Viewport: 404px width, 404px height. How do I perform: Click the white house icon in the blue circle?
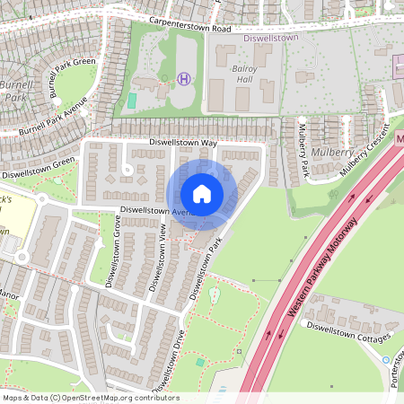pos(202,194)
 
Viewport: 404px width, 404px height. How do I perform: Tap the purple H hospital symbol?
pos(185,79)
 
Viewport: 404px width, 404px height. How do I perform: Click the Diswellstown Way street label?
pos(183,143)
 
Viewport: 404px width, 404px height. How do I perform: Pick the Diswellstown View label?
pos(157,258)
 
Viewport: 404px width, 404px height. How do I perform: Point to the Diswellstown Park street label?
pos(205,268)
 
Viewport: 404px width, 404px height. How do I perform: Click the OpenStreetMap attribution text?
pos(90,398)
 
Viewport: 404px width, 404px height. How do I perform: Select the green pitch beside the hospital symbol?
pos(133,100)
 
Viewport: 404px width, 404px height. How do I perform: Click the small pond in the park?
pos(214,294)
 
